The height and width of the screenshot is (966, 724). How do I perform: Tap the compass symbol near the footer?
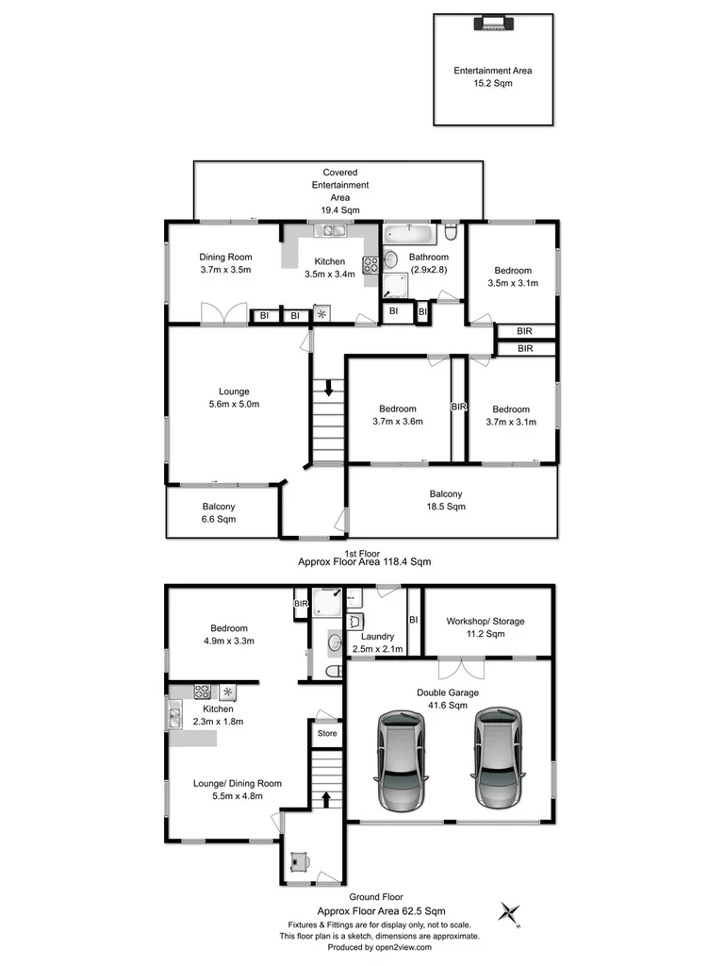click(511, 913)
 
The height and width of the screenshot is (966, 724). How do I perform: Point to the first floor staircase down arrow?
click(328, 387)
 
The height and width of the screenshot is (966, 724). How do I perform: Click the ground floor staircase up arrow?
click(327, 800)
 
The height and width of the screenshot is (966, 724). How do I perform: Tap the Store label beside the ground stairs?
click(326, 733)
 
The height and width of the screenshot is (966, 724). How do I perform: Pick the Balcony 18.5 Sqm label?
click(446, 500)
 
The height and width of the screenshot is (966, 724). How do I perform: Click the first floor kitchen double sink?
click(332, 231)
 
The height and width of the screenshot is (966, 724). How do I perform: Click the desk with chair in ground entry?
click(301, 861)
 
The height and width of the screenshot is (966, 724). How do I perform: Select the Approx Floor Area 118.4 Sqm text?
click(364, 561)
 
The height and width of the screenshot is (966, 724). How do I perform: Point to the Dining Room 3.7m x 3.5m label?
click(225, 262)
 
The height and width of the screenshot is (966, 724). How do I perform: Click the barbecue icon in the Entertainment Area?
click(491, 25)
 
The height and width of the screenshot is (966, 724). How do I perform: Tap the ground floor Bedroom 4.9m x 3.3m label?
click(229, 635)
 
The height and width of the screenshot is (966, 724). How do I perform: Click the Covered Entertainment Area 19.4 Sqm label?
click(339, 192)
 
